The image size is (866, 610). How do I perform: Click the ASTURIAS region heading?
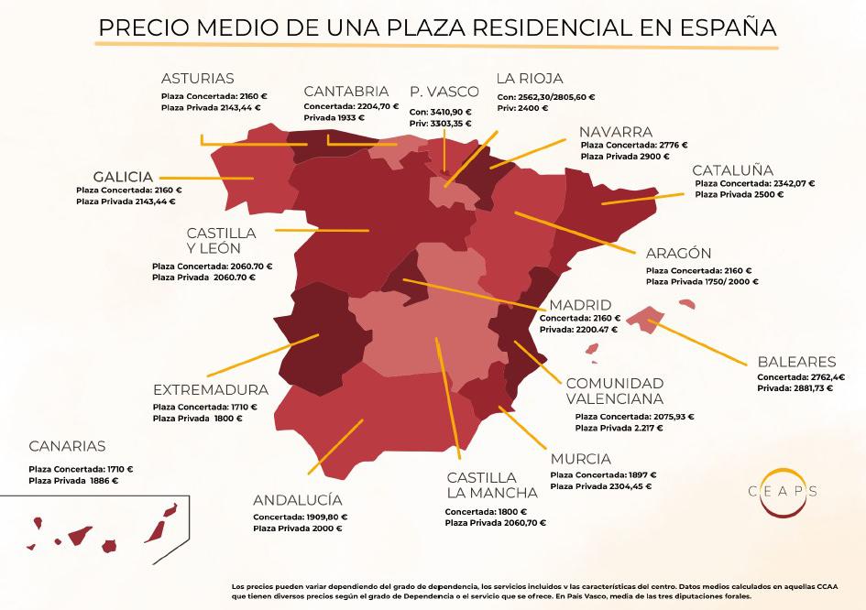coord(197,79)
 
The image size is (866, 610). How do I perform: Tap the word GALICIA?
coord(123,176)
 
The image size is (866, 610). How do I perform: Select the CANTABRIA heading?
coord(345,92)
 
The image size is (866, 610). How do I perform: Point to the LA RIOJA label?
coord(529,79)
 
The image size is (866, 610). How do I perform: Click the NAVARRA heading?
coord(616,132)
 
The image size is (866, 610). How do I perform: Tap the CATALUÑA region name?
coord(732,170)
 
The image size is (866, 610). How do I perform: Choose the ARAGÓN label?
coord(678,254)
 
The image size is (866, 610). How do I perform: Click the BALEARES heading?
coord(796,362)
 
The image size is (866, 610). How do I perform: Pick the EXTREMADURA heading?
coord(211,389)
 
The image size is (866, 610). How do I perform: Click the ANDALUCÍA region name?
coord(297,500)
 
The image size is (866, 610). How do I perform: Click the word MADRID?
coord(579,305)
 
